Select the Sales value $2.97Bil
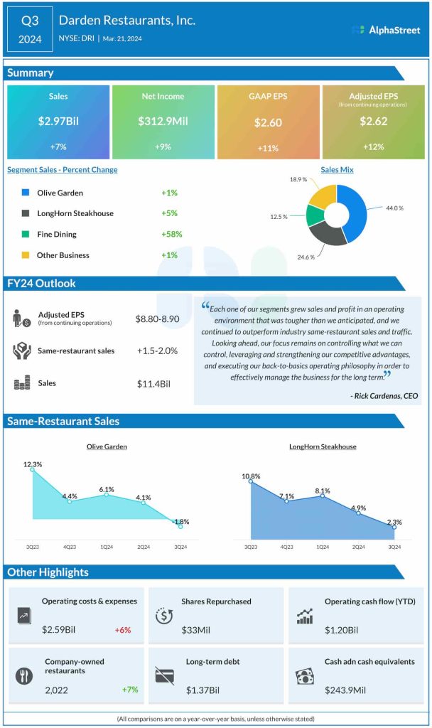pos(58,122)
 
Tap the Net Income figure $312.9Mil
pos(163,122)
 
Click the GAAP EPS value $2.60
pos(268,122)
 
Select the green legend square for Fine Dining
pos(26,234)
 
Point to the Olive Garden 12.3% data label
pos(32,464)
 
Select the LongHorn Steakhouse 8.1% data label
pos(323,491)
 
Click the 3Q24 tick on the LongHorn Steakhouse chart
pos(394,546)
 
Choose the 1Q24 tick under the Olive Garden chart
pos(107,546)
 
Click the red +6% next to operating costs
pos(122,630)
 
